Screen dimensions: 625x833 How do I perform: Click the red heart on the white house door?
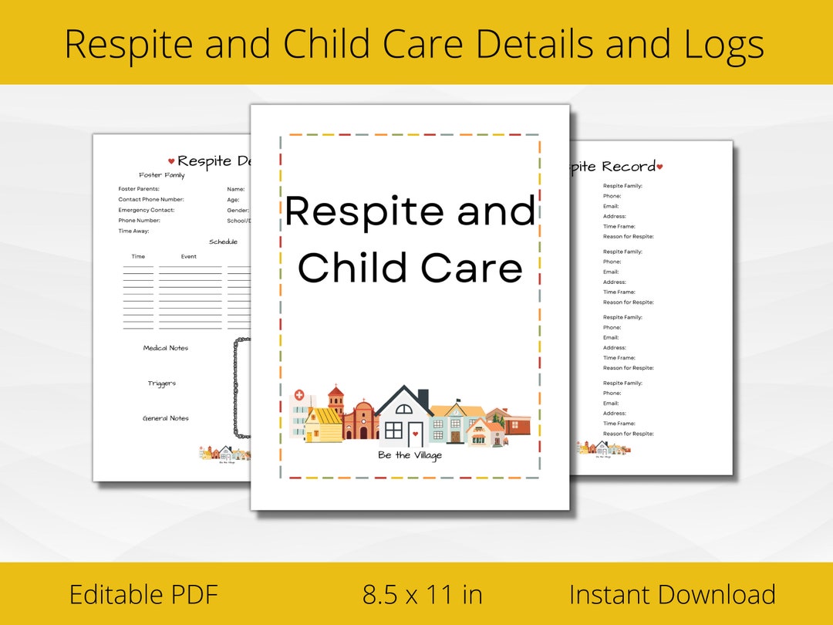[415, 434]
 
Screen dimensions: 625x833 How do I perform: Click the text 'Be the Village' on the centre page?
[410, 455]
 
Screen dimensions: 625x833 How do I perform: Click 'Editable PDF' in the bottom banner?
[143, 595]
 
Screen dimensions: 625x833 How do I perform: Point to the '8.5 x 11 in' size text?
[423, 595]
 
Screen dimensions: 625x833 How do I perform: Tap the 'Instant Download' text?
[672, 595]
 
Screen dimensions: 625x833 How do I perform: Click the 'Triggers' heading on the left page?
[162, 383]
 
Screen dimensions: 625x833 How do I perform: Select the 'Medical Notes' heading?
[165, 348]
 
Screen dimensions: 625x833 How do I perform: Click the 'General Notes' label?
[165, 418]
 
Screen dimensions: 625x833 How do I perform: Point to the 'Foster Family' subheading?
[162, 175]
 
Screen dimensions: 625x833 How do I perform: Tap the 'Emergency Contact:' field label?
[147, 210]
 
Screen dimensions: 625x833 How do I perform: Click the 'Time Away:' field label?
[133, 231]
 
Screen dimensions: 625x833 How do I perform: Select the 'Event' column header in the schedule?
[189, 256]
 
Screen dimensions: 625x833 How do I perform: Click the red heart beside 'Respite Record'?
[659, 167]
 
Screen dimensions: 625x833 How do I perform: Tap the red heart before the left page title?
[171, 162]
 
